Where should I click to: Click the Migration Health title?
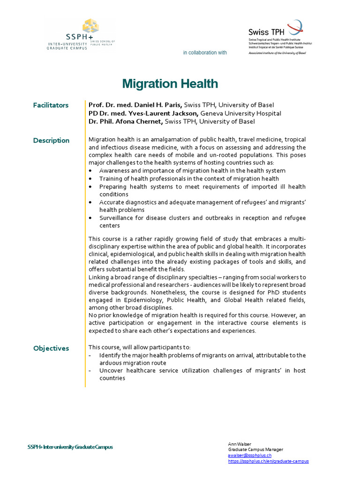[170, 84]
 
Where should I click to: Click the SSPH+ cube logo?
[90, 27]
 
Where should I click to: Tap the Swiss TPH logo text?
[265, 32]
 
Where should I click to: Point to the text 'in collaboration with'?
[205, 52]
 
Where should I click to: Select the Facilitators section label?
[51, 105]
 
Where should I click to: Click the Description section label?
[51, 141]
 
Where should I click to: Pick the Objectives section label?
[51, 348]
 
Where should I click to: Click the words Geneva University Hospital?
[241, 113]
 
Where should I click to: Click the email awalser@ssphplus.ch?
[249, 455]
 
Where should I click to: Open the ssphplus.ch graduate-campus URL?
[268, 461]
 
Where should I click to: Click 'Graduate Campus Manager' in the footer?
[255, 450]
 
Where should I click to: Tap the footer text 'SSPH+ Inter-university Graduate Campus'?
[70, 447]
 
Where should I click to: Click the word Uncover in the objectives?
[111, 371]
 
